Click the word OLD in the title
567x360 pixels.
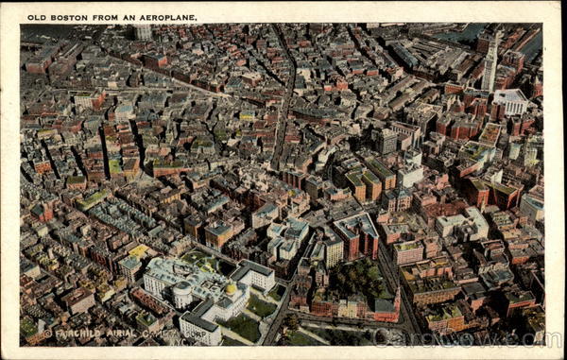(x=35, y=17)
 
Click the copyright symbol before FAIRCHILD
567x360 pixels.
(x=47, y=334)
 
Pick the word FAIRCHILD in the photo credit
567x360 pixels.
(x=78, y=334)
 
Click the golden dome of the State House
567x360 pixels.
(x=230, y=288)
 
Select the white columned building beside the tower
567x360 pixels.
(x=511, y=100)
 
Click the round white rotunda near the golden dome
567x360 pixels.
(x=182, y=295)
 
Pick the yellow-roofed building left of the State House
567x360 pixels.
(x=138, y=252)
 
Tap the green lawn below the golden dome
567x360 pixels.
(x=243, y=326)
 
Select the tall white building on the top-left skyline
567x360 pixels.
(x=142, y=31)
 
